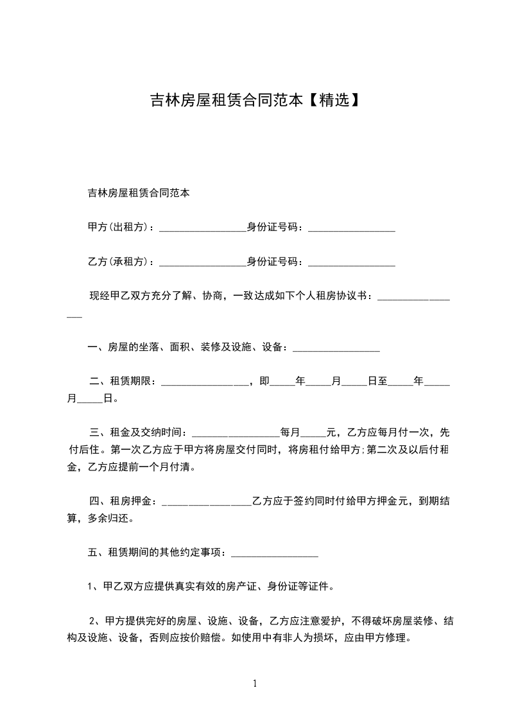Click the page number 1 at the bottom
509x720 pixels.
point(255,683)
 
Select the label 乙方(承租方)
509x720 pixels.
point(120,261)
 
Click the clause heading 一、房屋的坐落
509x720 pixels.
point(123,347)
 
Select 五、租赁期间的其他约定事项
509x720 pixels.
point(154,551)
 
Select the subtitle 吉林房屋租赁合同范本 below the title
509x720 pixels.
point(138,192)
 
